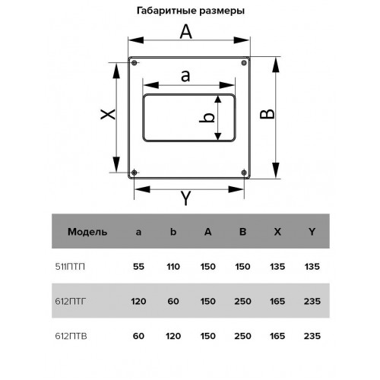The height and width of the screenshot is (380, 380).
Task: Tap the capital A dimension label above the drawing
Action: [186, 32]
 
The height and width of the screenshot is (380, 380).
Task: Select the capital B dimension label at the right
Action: [268, 114]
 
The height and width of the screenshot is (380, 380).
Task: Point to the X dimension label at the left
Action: [108, 114]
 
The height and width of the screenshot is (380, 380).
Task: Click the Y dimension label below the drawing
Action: [186, 198]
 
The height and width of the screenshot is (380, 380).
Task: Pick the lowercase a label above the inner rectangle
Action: [185, 76]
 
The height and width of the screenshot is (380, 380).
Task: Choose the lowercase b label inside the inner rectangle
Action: [207, 117]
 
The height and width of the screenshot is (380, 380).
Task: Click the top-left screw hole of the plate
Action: [135, 62]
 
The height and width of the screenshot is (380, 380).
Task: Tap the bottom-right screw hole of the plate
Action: [244, 173]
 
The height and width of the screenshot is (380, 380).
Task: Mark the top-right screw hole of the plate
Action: [244, 62]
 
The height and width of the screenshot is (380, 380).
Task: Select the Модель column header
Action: [87, 232]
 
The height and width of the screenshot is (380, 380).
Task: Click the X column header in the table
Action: [277, 232]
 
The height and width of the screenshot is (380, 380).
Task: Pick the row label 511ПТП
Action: [70, 267]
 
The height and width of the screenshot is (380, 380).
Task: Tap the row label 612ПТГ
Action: [71, 302]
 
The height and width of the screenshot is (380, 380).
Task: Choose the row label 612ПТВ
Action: [71, 336]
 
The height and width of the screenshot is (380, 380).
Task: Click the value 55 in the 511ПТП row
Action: [138, 267]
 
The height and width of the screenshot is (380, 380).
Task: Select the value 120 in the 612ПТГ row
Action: [138, 302]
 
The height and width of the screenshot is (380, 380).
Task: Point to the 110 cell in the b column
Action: [173, 267]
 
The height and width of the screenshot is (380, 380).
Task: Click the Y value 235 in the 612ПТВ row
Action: [312, 336]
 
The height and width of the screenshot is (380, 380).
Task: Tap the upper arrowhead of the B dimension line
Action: [276, 65]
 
